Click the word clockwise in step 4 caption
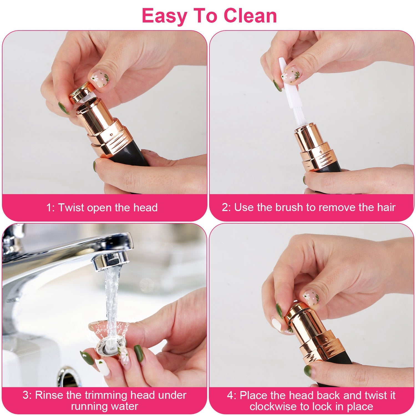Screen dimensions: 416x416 tap(273, 406)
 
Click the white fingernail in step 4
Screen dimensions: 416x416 tap(277, 324)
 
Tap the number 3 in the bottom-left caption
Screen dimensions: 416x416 tap(26, 395)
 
